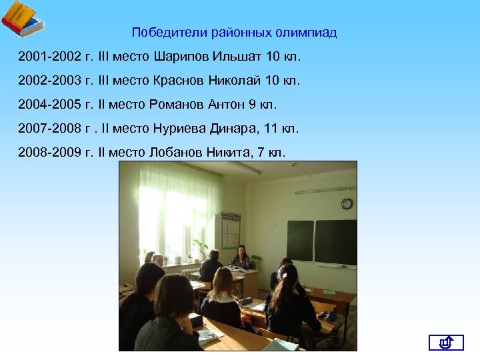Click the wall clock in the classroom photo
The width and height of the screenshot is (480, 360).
(347, 204)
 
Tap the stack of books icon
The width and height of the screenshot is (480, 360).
(22, 19)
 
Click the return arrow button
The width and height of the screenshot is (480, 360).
(446, 343)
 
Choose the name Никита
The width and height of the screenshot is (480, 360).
(229, 153)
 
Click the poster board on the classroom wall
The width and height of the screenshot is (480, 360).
(231, 230)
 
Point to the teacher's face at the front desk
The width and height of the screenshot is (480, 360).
(241, 251)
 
